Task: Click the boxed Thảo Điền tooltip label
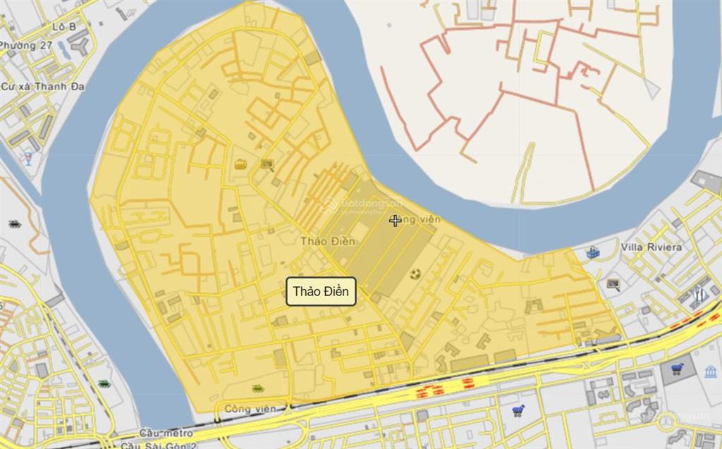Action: (x=321, y=292)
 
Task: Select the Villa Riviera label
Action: (x=651, y=247)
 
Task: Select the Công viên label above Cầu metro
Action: (x=247, y=408)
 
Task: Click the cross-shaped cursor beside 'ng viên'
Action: (x=395, y=221)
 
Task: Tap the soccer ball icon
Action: (x=415, y=272)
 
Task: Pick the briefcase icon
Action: (x=240, y=164)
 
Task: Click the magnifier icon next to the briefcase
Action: (x=267, y=165)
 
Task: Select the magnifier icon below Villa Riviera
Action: (x=613, y=285)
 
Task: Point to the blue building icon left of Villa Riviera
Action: (x=592, y=251)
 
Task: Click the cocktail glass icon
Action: (x=27, y=158)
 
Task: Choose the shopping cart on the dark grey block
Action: (x=678, y=368)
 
